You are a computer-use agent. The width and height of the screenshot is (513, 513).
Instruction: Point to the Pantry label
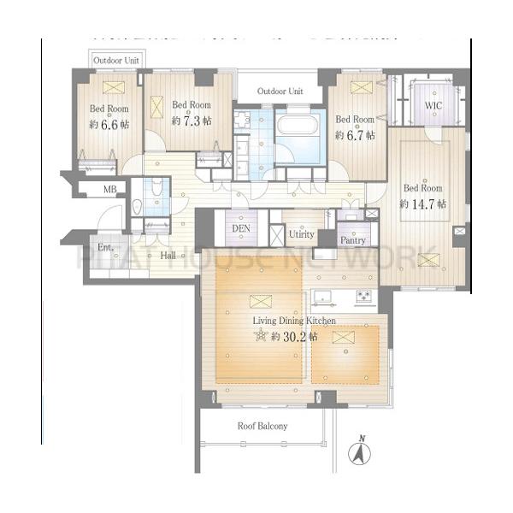pos(352,240)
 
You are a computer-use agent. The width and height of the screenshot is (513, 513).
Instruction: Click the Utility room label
pos(303,233)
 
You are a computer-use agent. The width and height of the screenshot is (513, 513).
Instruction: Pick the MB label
pos(110,189)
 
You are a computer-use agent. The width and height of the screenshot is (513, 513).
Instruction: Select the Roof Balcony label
pos(262,425)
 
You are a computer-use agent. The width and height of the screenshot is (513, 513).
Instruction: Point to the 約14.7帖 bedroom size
pos(423,204)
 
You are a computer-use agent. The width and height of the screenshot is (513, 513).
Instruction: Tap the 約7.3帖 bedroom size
pos(192,121)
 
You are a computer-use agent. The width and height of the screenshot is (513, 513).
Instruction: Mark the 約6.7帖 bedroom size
pos(354,136)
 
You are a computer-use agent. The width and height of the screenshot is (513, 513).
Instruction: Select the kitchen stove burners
pos(363,297)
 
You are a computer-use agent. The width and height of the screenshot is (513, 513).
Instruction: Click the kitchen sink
pos(322,298)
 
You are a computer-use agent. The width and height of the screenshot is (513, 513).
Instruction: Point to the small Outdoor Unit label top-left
pos(117,61)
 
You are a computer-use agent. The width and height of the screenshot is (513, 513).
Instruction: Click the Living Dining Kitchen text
pos(293,321)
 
